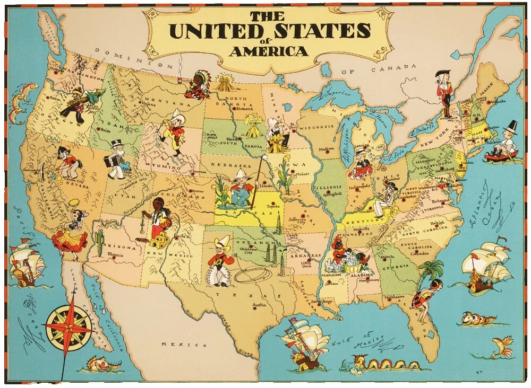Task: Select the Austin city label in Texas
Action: click(x=259, y=305)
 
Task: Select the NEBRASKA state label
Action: click(x=229, y=165)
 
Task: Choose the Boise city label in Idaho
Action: click(x=105, y=130)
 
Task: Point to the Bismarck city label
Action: click(x=245, y=109)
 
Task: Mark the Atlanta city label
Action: click(x=387, y=258)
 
